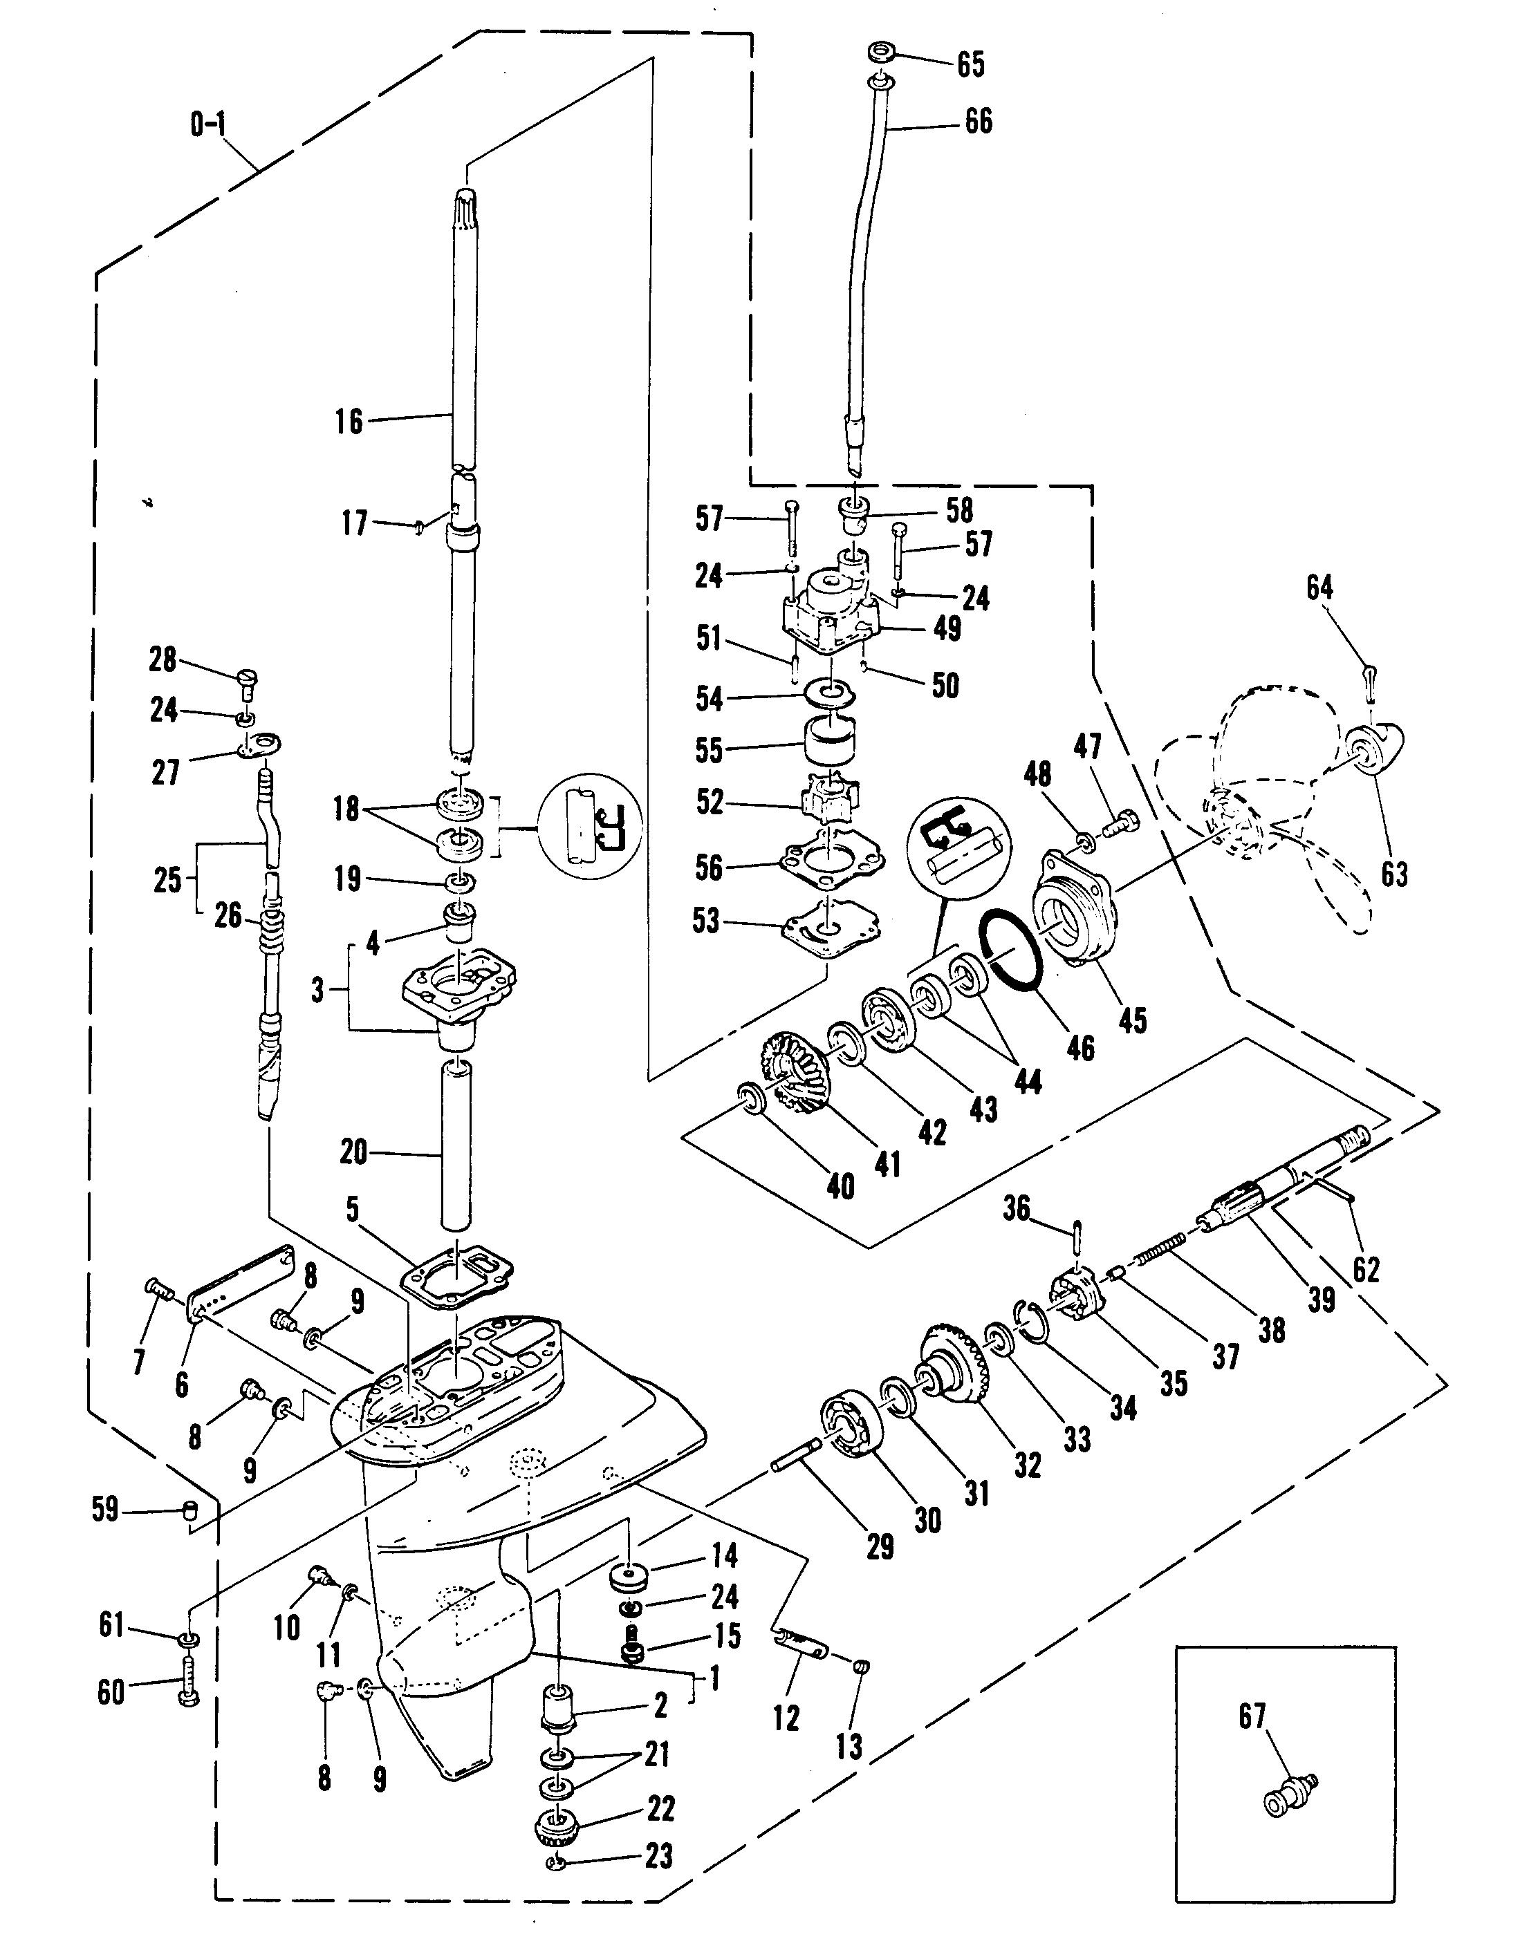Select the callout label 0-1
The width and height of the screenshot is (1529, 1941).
click(x=207, y=124)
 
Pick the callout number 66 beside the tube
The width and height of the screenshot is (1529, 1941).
click(x=979, y=122)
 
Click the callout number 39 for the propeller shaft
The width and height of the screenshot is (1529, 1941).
click(x=1322, y=1300)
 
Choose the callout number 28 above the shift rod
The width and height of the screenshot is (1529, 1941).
click(x=163, y=659)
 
